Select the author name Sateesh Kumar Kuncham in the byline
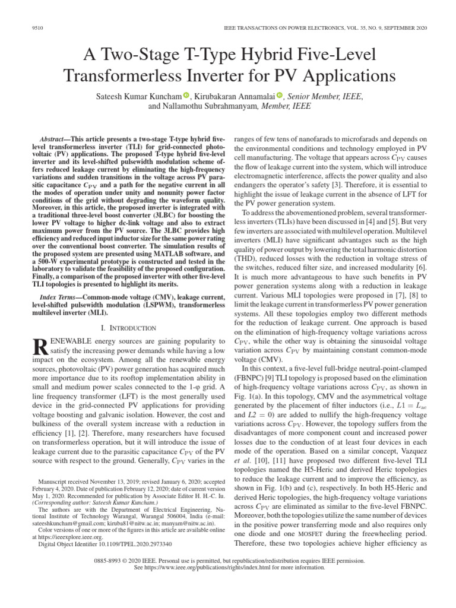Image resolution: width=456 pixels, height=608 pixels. click(135, 95)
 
